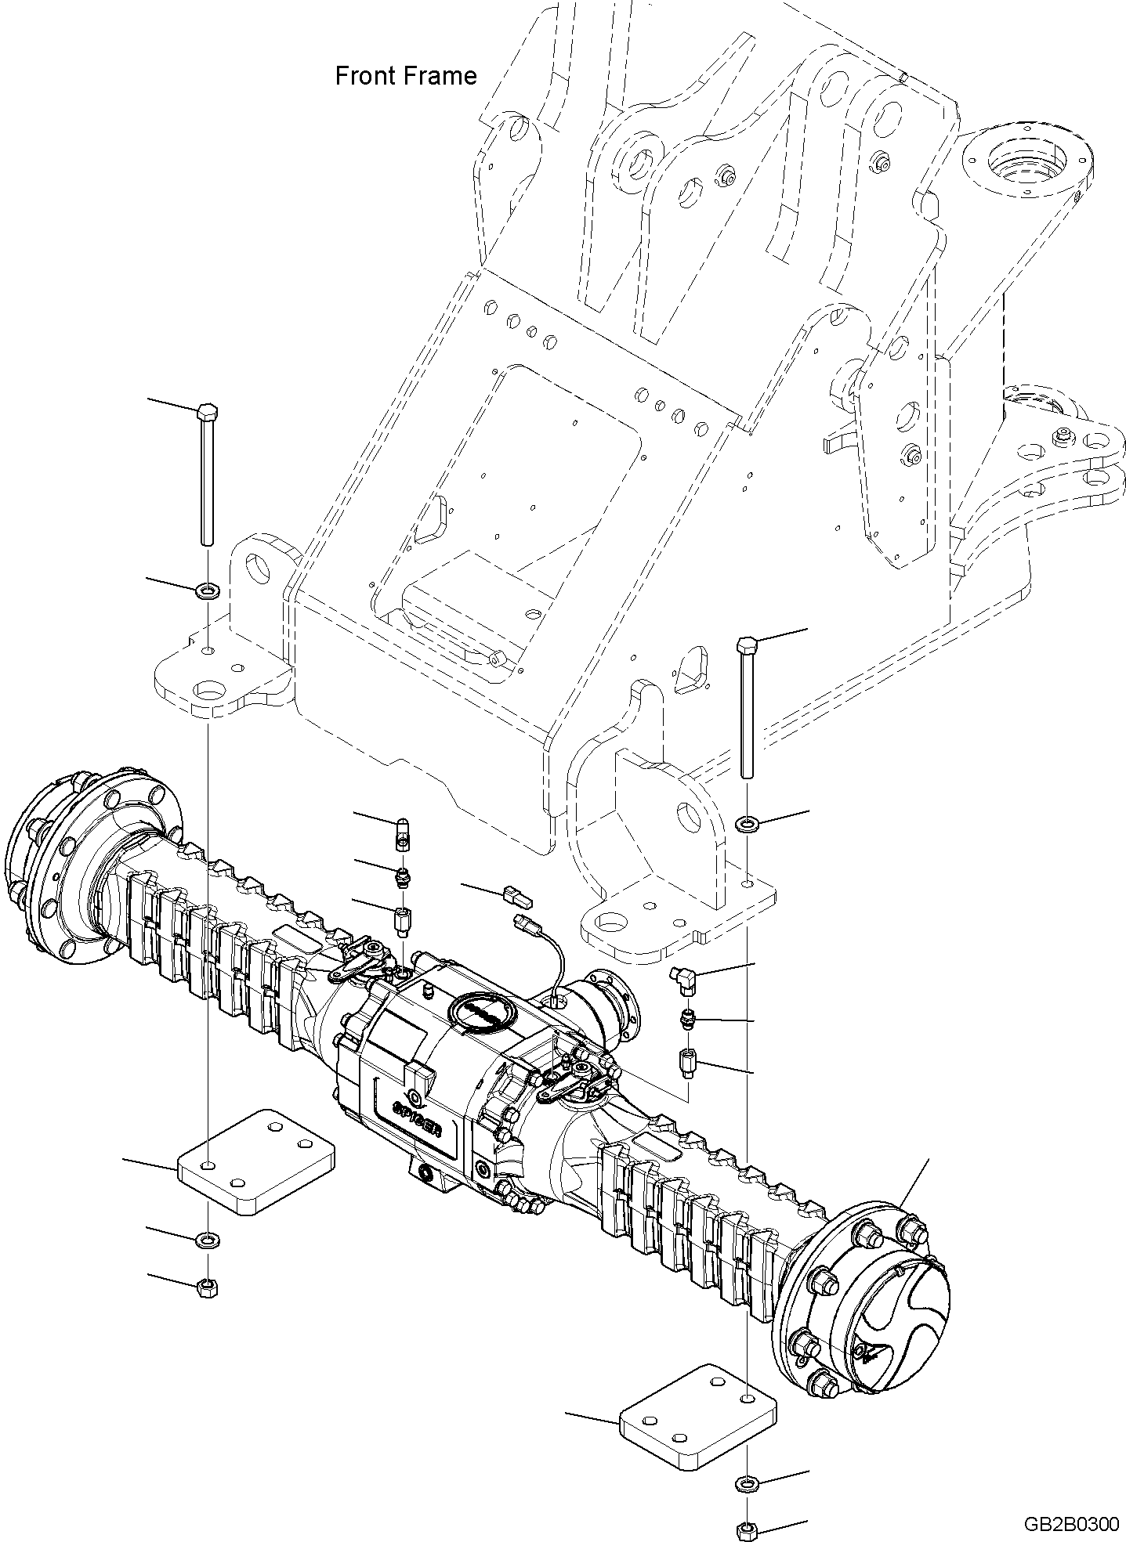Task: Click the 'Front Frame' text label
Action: [405, 76]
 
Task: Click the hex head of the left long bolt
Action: [207, 411]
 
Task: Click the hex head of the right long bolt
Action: [745, 646]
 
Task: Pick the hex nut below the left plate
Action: [208, 1286]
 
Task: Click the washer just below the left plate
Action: [208, 1240]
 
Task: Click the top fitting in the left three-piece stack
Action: [401, 832]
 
